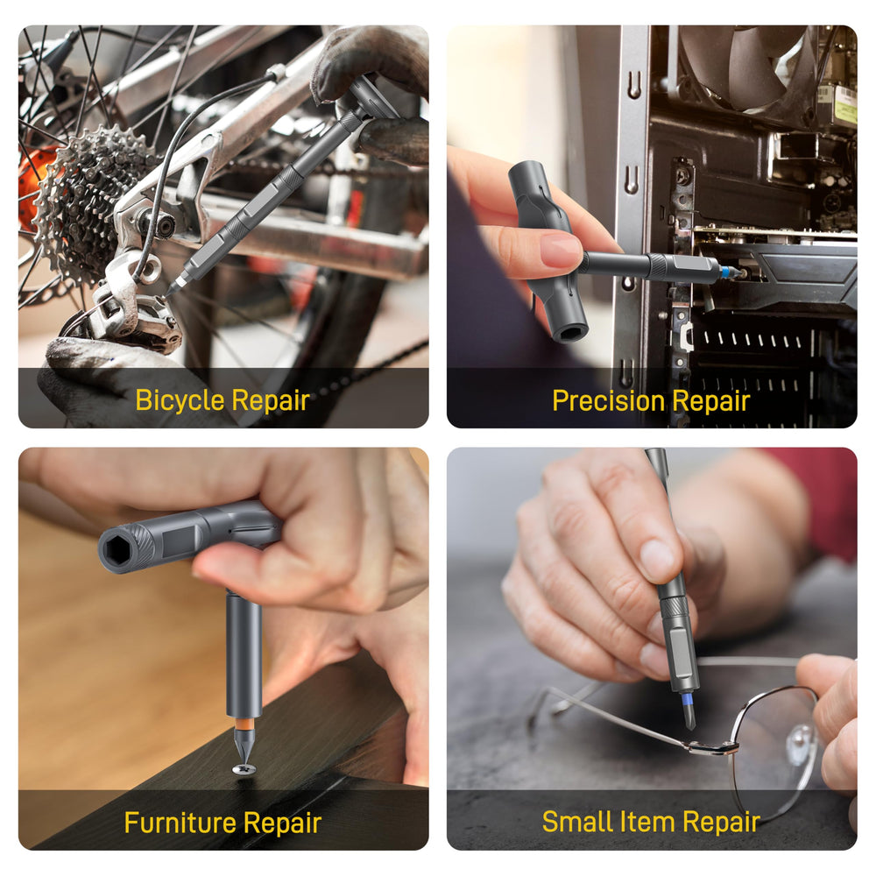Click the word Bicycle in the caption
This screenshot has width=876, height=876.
coord(180,400)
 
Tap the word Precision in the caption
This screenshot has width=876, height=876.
coord(609,401)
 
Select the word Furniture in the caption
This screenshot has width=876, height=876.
coord(180,823)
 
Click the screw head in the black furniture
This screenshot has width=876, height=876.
coord(244,769)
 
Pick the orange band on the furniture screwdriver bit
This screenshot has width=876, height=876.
coord(244,724)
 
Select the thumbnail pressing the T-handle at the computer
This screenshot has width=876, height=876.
coord(562,250)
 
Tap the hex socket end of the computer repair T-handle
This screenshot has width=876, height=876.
coord(569,333)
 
